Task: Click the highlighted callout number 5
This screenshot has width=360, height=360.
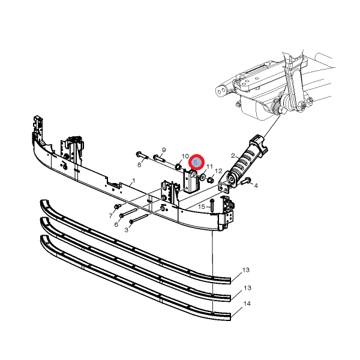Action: [x=196, y=163]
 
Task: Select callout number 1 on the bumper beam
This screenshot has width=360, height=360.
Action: [x=134, y=181]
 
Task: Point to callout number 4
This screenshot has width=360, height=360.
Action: [x=256, y=185]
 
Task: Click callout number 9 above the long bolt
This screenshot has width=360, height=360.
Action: [x=164, y=150]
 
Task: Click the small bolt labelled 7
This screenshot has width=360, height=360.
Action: [x=118, y=206]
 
